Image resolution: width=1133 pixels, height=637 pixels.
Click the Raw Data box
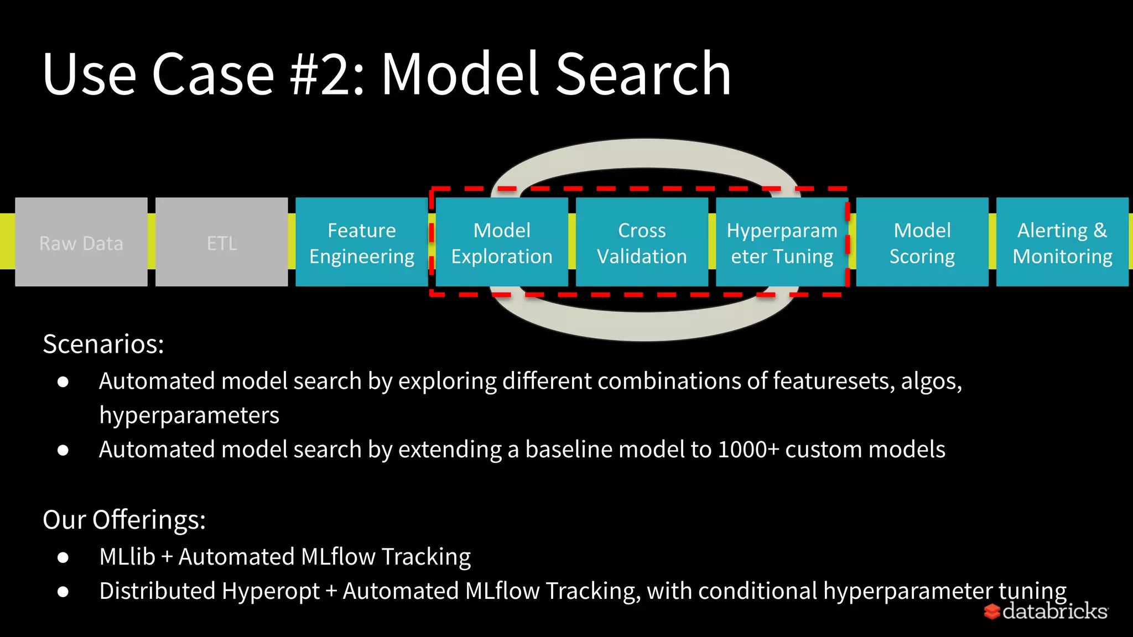[x=81, y=242]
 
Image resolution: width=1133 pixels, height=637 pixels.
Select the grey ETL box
[x=221, y=242]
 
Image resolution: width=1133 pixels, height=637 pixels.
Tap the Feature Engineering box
[x=362, y=242]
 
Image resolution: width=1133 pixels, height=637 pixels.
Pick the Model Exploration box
[x=502, y=242]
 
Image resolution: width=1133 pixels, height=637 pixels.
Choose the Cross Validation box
[x=642, y=242]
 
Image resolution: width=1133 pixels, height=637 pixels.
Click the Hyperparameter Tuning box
[x=782, y=242]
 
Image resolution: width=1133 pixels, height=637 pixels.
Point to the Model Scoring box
[x=922, y=242]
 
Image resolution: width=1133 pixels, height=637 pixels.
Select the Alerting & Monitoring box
[x=1062, y=242]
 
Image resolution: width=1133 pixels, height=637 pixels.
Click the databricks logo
[x=1047, y=611]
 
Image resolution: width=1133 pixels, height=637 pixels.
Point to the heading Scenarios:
[x=103, y=344]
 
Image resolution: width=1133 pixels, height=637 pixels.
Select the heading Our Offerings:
[x=124, y=520]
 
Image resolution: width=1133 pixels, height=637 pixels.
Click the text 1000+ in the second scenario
[x=748, y=450]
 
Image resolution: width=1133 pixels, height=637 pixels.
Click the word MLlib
[x=127, y=557]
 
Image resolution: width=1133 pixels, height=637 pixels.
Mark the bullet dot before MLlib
[x=63, y=557]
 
